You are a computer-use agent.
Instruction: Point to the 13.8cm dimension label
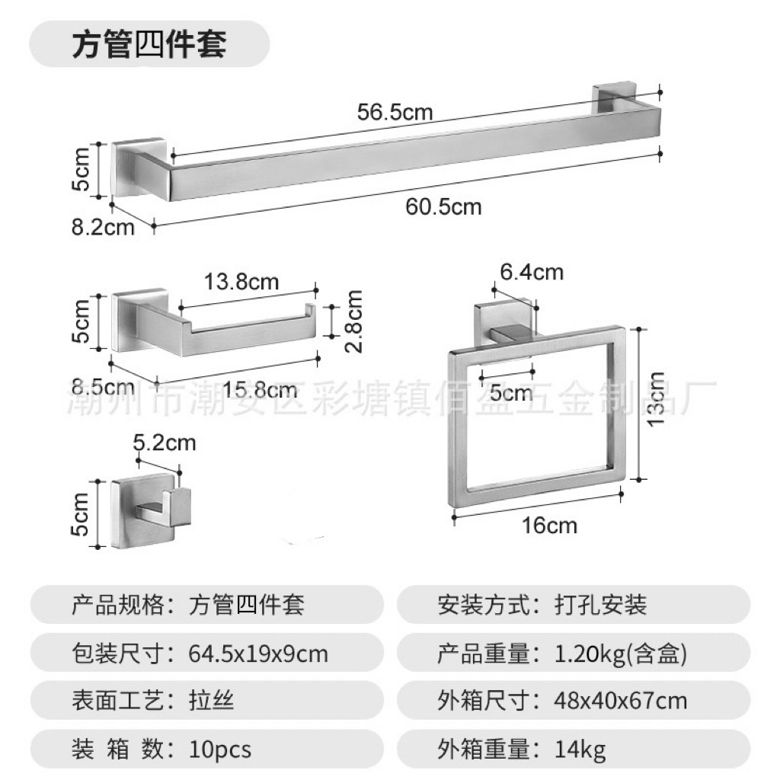pos(241,282)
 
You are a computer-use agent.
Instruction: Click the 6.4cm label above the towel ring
pos(531,271)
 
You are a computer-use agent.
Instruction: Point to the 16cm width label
pos(551,526)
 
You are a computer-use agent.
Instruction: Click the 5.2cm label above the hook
pos(164,442)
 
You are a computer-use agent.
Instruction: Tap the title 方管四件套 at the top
pos(149,44)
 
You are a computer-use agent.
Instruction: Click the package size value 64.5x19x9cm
pos(258,654)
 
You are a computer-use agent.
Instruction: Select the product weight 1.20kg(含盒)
pos(622,654)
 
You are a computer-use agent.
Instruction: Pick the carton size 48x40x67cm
pos(621,700)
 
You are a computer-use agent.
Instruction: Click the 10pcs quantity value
pos(220,750)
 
